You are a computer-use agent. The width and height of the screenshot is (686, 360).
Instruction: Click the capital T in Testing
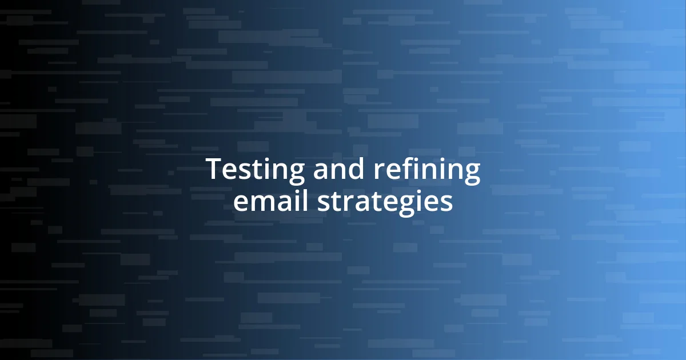coord(213,170)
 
